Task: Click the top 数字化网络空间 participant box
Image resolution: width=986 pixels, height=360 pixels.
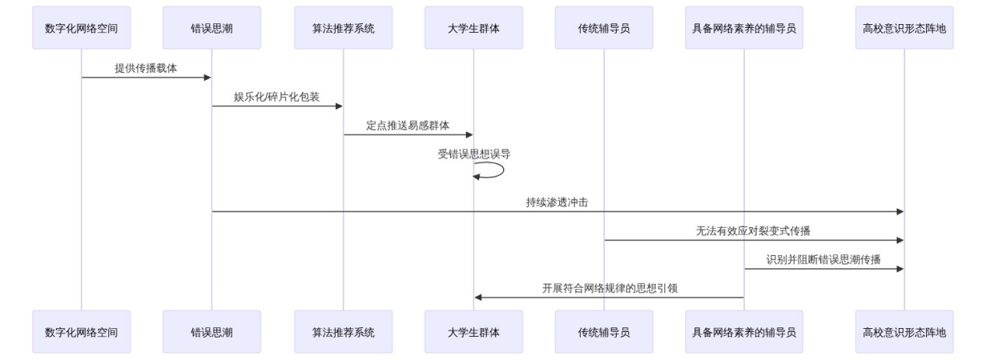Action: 82,28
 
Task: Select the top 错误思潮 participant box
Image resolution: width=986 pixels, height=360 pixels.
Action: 212,28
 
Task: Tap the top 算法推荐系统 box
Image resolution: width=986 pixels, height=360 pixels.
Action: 343,28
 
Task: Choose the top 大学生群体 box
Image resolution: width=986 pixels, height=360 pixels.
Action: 474,28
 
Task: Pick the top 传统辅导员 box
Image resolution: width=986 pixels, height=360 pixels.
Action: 604,28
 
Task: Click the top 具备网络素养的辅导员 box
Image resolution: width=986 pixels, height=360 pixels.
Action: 744,28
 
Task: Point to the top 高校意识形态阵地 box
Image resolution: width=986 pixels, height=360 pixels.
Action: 904,28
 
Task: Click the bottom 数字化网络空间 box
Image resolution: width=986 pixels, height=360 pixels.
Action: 82,332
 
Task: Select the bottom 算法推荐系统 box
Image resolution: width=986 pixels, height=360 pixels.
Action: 343,332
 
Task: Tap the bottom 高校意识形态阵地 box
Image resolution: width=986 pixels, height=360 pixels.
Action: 904,332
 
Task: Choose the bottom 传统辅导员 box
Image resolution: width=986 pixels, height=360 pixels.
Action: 604,332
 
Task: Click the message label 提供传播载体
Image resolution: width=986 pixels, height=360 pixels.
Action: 146,68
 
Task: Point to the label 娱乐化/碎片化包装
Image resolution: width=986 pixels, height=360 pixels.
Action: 277,97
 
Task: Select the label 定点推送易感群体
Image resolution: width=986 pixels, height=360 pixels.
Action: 407,125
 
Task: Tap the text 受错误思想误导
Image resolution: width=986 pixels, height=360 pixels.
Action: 474,154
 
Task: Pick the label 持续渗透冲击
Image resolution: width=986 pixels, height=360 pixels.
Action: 558,202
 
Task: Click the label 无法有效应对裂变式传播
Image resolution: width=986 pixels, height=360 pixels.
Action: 753,231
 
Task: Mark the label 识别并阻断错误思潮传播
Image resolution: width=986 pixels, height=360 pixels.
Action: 823,260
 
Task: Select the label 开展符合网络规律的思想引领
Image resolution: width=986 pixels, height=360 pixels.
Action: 610,288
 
